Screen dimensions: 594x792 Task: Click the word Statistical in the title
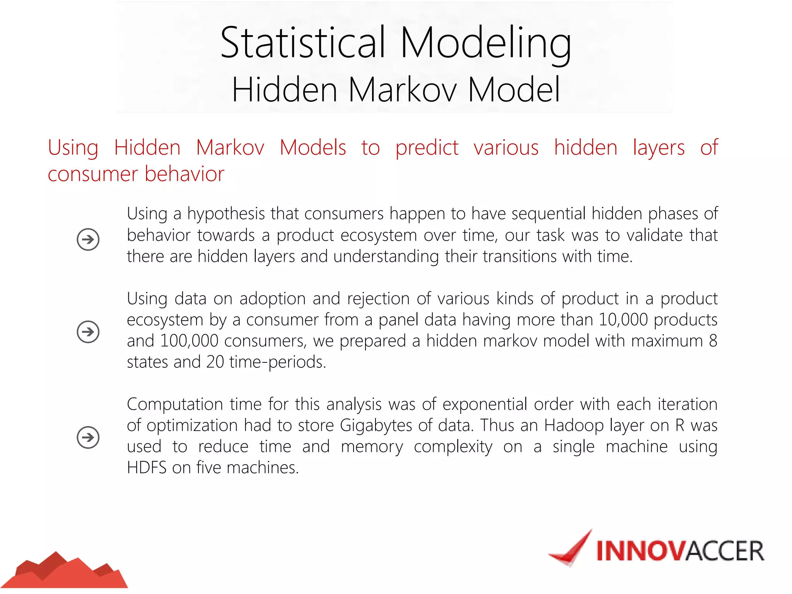point(303,43)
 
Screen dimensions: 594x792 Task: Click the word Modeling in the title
point(486,43)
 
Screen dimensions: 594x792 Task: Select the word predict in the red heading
point(427,148)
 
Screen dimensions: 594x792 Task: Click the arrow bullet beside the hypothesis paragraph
point(88,239)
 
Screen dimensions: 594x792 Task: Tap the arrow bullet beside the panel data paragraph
point(88,332)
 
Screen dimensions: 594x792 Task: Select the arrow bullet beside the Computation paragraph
point(88,437)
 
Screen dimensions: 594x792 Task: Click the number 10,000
point(623,320)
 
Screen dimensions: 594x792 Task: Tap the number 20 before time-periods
point(215,362)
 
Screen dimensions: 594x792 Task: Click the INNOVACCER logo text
point(680,551)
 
